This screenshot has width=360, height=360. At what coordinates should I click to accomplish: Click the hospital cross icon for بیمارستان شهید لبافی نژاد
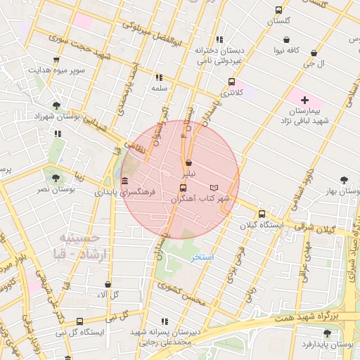[304, 101]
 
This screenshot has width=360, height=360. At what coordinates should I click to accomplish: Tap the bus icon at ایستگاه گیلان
[262, 214]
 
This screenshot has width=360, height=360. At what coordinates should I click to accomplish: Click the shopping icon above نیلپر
[188, 162]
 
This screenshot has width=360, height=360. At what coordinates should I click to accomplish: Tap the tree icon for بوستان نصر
[56, 178]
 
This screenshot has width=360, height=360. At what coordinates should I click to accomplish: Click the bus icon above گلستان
[279, 10]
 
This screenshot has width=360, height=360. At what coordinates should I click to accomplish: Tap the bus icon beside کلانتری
[232, 82]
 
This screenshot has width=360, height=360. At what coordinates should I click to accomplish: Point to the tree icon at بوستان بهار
[344, 180]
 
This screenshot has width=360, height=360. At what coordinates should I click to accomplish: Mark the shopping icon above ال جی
[314, 53]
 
